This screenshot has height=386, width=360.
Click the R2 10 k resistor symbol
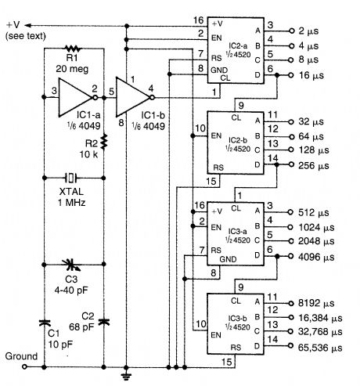(104, 145)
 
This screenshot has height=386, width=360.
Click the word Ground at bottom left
(20, 355)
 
